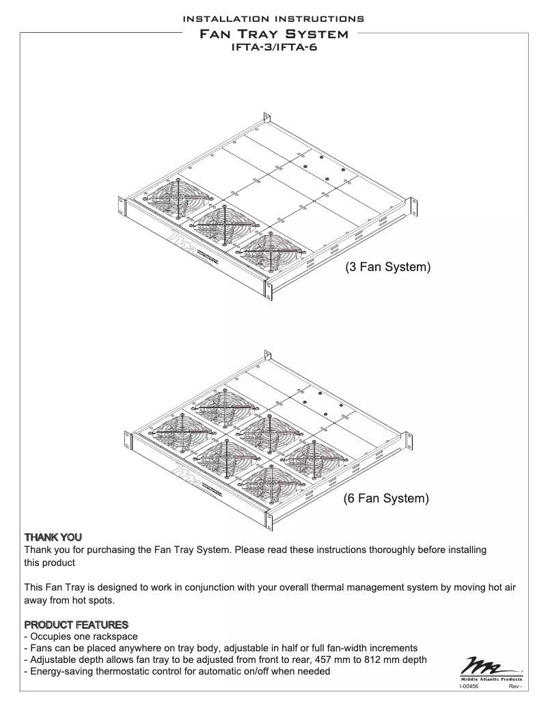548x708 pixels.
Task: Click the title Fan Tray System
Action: tap(273, 32)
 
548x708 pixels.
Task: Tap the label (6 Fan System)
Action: tap(387, 499)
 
